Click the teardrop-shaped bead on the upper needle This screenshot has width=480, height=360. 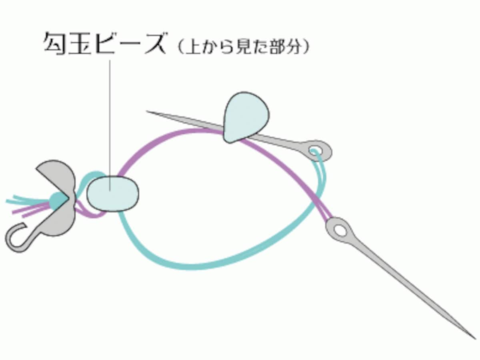coord(246,118)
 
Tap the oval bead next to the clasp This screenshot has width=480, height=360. coord(113,194)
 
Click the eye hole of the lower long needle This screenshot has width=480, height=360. coord(340,231)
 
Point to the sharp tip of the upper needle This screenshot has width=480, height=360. coord(147,111)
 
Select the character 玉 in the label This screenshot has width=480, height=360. coord(80,43)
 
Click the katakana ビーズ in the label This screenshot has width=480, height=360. coord(130,43)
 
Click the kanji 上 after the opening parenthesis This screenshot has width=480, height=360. coord(192,47)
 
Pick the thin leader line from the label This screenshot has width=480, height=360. coord(110,126)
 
